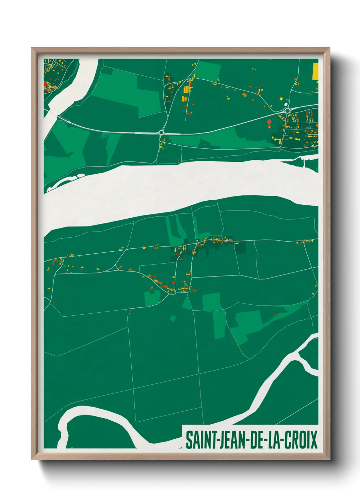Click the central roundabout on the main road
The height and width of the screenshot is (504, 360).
point(161,132)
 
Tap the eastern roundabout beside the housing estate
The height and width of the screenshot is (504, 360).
point(288,111)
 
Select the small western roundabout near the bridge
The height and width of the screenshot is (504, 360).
point(68,122)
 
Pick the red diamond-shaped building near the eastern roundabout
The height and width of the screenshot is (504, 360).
point(269,122)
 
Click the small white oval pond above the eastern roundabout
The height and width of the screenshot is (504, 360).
point(285,104)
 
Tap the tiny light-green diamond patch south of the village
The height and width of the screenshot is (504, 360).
point(173,318)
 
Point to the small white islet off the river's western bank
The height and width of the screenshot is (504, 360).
point(81,176)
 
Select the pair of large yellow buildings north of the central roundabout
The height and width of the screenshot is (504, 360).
point(185,94)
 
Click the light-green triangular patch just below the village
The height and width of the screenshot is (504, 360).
point(186,303)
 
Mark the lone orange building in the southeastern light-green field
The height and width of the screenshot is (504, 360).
point(276,314)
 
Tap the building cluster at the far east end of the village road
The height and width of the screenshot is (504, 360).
point(305,242)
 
